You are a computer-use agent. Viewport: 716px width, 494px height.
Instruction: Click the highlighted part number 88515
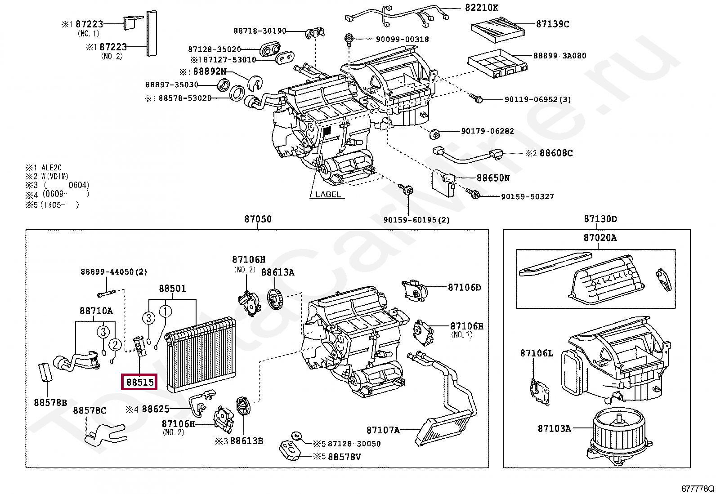pyautogui.click(x=140, y=383)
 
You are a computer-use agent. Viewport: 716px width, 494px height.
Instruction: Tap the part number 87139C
pyautogui.click(x=552, y=24)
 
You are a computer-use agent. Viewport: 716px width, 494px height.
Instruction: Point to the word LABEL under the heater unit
pyautogui.click(x=328, y=195)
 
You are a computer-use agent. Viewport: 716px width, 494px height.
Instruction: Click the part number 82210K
pyautogui.click(x=481, y=8)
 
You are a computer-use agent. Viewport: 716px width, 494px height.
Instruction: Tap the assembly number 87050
pyautogui.click(x=258, y=219)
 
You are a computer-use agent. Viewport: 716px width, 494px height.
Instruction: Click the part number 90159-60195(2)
pyautogui.click(x=416, y=220)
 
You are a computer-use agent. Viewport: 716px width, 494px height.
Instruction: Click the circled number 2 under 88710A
pyautogui.click(x=115, y=345)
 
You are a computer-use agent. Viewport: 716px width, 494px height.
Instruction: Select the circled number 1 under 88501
pyautogui.click(x=166, y=311)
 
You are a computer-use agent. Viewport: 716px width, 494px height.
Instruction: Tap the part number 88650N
pyautogui.click(x=493, y=178)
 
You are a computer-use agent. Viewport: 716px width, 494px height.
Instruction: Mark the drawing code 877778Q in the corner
pyautogui.click(x=697, y=489)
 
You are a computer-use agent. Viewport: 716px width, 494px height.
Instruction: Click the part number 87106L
pyautogui.click(x=537, y=353)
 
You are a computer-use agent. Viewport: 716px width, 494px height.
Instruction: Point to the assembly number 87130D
pyautogui.click(x=600, y=219)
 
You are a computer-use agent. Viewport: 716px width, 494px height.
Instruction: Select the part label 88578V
pyautogui.click(x=344, y=457)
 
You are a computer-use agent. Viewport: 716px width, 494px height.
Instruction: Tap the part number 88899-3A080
pyautogui.click(x=559, y=56)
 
